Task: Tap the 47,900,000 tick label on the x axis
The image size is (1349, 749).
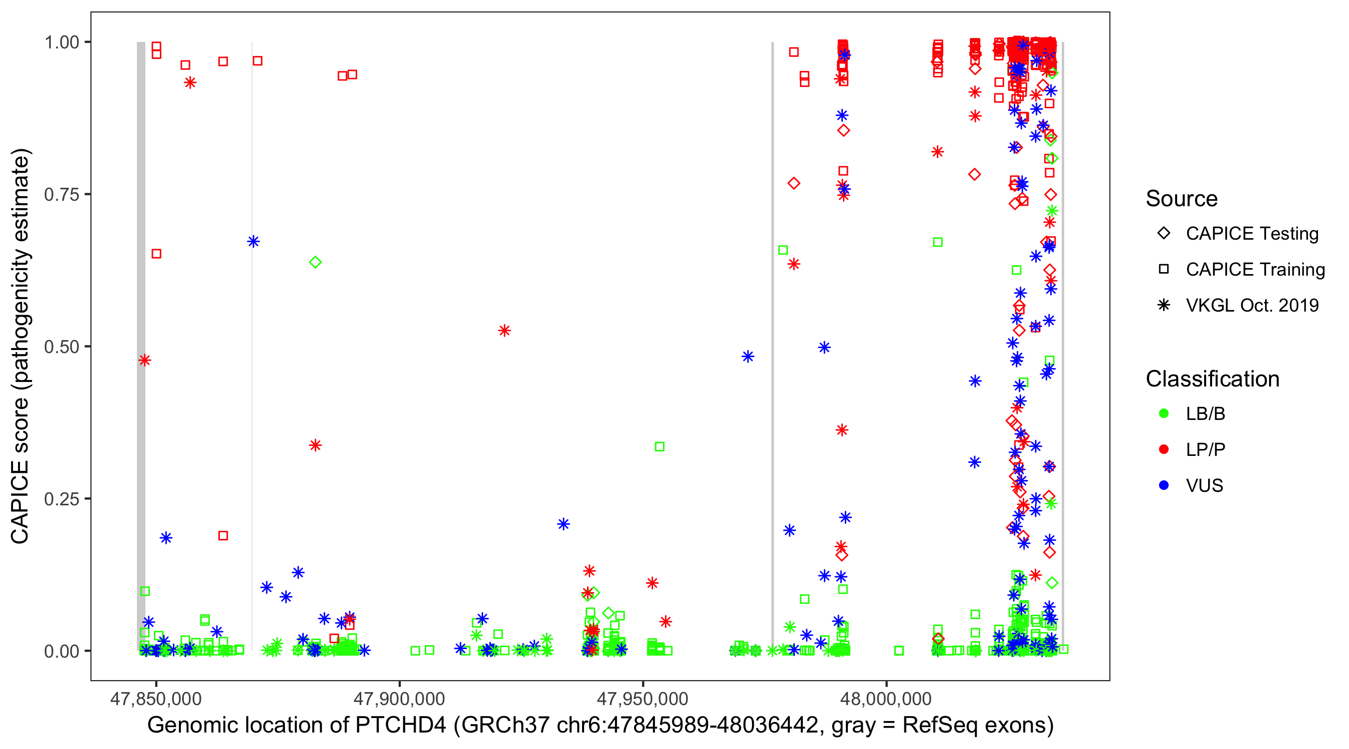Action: click(x=399, y=699)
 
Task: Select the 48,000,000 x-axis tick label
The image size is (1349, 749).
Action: click(x=886, y=699)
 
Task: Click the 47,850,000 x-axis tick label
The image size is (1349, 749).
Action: click(x=155, y=699)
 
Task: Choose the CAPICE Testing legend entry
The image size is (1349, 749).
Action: click(x=1252, y=234)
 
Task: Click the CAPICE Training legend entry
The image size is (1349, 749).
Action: click(x=1255, y=270)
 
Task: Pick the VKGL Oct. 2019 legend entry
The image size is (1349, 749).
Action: click(x=1252, y=305)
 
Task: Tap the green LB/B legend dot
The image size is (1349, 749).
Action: click(x=1164, y=413)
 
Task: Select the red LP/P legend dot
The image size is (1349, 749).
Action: click(x=1164, y=449)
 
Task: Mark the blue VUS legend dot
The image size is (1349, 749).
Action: click(x=1164, y=485)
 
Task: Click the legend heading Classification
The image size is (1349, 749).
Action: click(x=1212, y=379)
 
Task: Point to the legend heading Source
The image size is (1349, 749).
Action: click(x=1182, y=199)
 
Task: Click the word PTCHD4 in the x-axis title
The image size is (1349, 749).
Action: click(x=401, y=726)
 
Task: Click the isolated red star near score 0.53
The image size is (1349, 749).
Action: click(x=504, y=331)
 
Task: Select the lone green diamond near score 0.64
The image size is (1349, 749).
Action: click(x=315, y=262)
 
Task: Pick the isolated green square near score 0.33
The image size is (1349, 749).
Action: click(x=660, y=446)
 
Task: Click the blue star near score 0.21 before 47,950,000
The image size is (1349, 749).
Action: click(x=564, y=524)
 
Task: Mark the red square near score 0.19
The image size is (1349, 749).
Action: click(x=223, y=535)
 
